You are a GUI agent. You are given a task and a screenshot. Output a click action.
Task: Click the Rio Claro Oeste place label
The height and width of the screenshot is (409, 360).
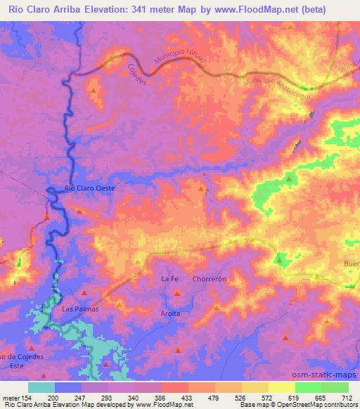coord(89,188)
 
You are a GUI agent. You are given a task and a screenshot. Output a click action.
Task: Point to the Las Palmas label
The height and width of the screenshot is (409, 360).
coord(79,309)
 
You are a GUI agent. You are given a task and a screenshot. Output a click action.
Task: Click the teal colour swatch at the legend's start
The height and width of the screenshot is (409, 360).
coord(41,387)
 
